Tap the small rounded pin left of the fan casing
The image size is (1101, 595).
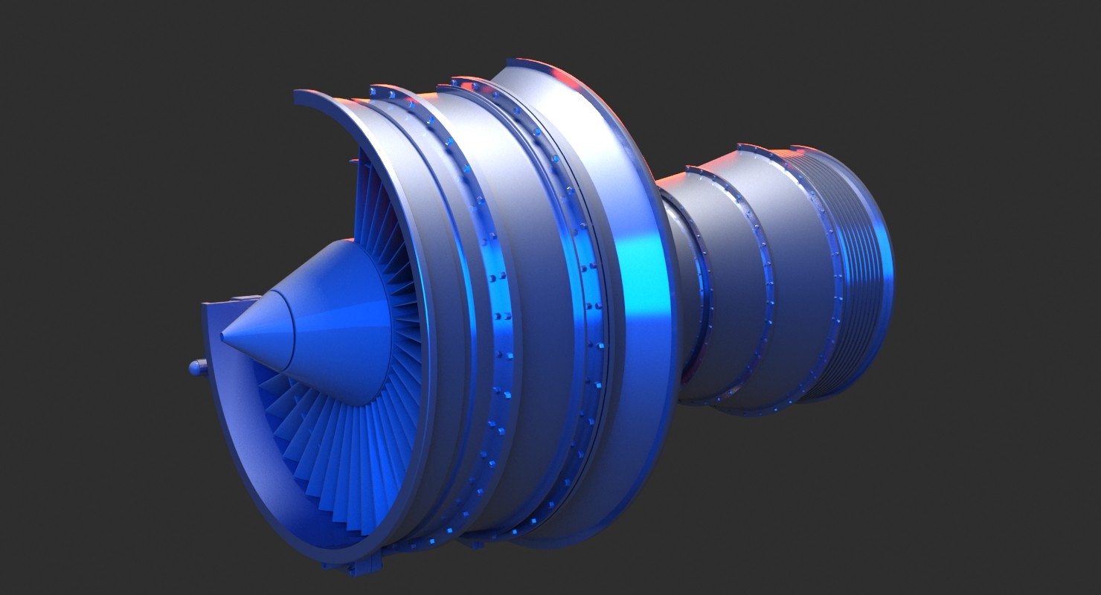pos(196,367)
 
